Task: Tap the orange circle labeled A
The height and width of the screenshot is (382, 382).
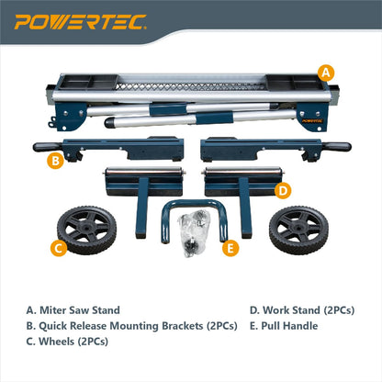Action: click(324, 72)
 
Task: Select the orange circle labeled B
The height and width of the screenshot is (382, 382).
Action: click(55, 162)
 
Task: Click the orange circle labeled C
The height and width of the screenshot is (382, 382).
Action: click(57, 246)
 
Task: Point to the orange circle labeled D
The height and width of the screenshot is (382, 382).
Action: click(284, 190)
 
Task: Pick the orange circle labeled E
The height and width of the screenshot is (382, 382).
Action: click(230, 247)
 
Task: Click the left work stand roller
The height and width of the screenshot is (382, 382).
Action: click(141, 180)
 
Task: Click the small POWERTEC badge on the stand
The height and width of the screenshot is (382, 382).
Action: click(311, 117)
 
